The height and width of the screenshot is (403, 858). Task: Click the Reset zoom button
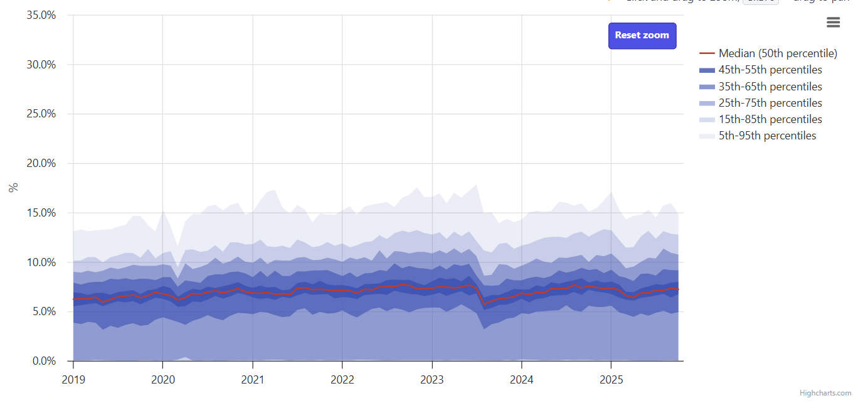(642, 36)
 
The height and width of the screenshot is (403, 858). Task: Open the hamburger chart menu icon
(833, 23)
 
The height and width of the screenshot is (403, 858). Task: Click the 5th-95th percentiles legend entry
(767, 136)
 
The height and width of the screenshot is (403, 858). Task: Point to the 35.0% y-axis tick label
(41, 15)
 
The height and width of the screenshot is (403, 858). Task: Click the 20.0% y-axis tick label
(41, 163)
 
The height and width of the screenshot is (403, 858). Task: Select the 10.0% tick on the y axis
(41, 262)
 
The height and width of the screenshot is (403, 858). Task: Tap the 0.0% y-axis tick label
(44, 361)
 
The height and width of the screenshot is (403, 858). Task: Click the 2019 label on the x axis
(73, 380)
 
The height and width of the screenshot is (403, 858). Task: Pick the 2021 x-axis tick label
(252, 380)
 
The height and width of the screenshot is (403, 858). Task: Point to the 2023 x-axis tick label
(432, 380)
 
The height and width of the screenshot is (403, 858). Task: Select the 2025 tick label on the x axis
(611, 380)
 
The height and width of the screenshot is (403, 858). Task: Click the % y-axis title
(13, 188)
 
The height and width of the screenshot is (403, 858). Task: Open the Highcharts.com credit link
(825, 393)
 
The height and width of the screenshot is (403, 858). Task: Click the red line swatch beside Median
(707, 53)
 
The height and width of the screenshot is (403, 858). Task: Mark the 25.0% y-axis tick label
(41, 114)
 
